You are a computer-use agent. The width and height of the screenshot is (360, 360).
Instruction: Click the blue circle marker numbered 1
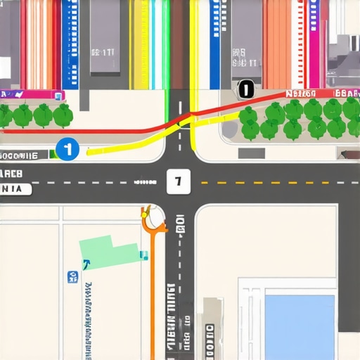pyautogui.click(x=67, y=149)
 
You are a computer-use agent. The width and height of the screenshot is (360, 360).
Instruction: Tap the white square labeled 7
pyautogui.click(x=179, y=181)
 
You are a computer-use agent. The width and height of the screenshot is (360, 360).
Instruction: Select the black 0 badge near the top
pyautogui.click(x=245, y=89)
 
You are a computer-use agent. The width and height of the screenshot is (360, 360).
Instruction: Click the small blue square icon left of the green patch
pyautogui.click(x=72, y=278)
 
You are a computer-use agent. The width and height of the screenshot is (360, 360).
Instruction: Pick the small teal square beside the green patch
pyautogui.click(x=144, y=255)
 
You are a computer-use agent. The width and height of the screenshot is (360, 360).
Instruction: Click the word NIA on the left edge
pyautogui.click(x=15, y=189)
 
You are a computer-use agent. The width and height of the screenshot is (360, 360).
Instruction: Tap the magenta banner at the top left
pyautogui.click(x=32, y=95)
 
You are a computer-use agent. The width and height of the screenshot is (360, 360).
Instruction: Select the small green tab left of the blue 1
pyautogui.click(x=53, y=154)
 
